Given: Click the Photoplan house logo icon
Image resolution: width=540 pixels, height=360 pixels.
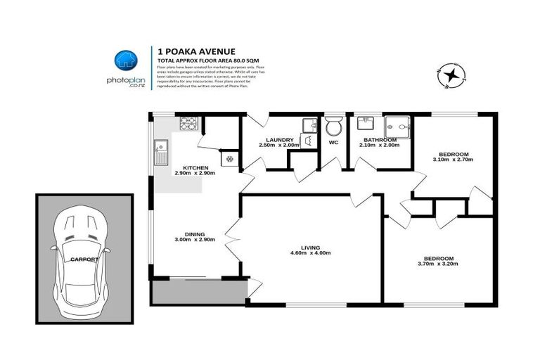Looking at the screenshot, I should click(125, 61).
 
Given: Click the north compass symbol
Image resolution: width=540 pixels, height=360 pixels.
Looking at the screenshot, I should click(450, 75).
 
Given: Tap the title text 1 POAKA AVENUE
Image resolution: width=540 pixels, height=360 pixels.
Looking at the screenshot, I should click(186, 51).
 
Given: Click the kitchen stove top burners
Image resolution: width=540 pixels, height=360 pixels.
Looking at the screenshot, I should click(188, 124).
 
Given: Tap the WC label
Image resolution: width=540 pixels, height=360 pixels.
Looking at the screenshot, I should click(333, 142).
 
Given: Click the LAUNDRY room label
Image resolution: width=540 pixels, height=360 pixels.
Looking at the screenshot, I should click(279, 140).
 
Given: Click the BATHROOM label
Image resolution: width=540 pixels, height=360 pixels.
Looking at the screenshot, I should click(380, 140).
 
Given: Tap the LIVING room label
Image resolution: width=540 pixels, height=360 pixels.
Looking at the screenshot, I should click(310, 247).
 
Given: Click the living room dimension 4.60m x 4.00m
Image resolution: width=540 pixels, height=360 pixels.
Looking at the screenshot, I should click(310, 253).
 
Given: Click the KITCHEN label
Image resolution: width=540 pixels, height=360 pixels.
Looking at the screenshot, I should click(195, 167).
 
